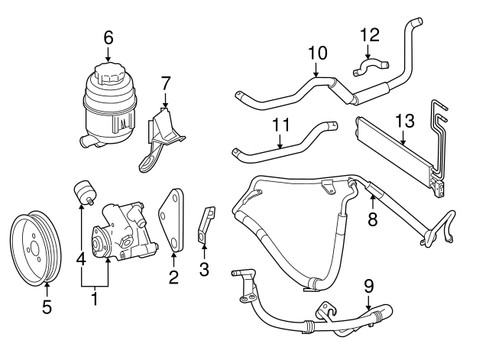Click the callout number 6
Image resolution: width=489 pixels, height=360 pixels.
108,36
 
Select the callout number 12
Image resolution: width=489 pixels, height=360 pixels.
369,34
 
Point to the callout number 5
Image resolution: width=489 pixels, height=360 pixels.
46,307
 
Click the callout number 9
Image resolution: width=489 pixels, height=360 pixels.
368,287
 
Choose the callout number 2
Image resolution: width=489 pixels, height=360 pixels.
173,277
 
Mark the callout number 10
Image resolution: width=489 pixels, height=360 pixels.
317,53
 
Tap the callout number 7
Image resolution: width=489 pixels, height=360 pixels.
165,83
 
